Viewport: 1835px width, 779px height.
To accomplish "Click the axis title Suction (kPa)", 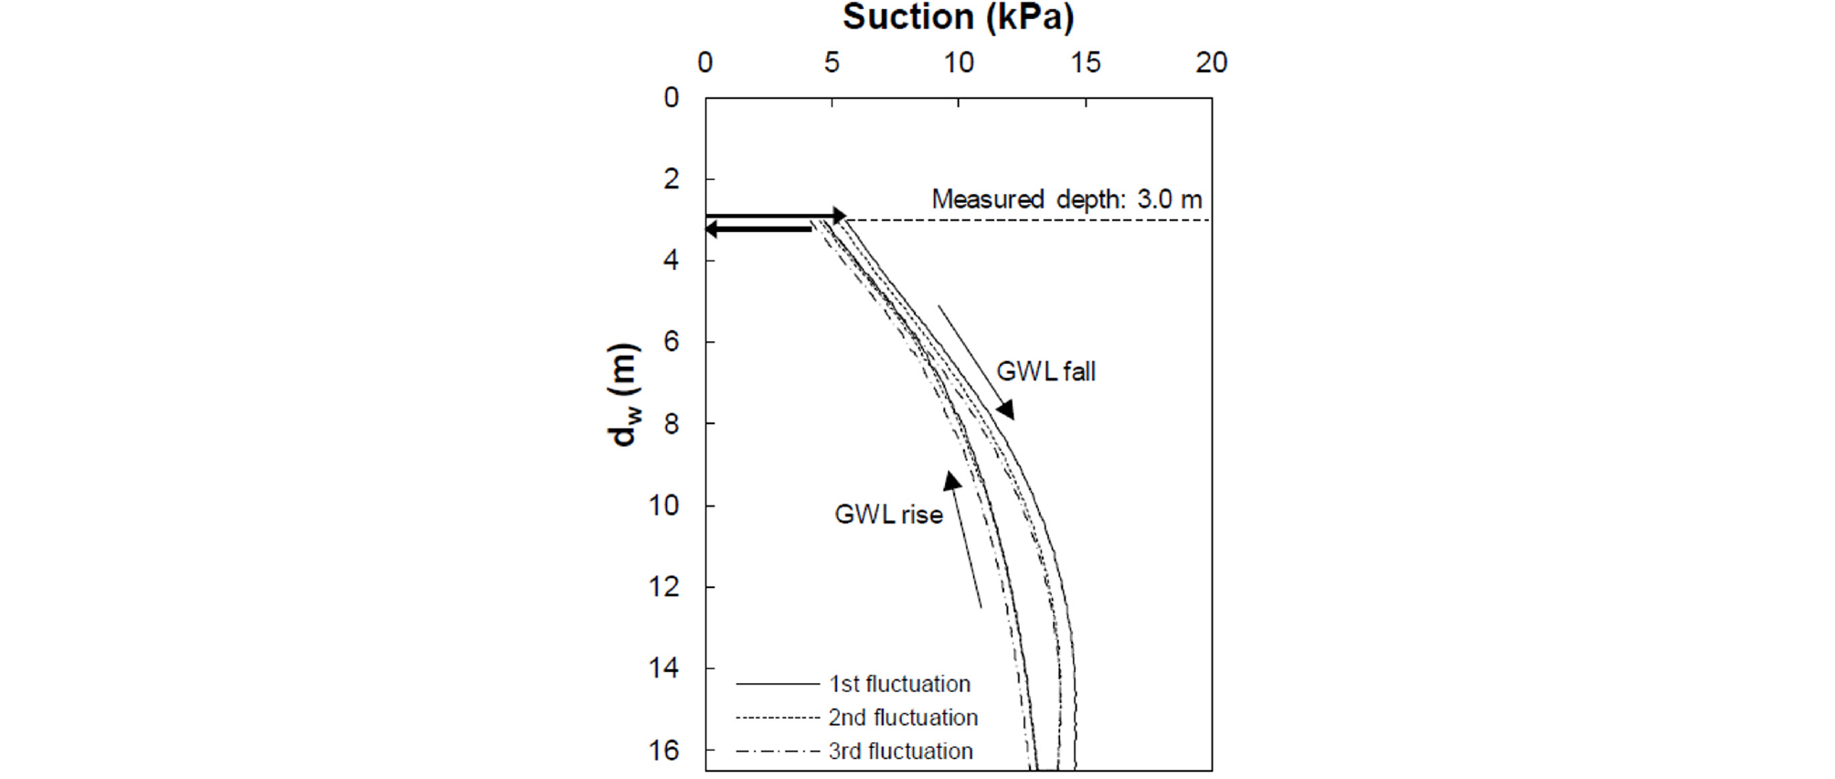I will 958,17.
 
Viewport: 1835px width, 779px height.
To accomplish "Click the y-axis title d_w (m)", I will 623,394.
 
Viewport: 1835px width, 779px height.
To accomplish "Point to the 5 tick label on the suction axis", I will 832,63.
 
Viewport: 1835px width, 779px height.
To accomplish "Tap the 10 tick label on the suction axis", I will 959,63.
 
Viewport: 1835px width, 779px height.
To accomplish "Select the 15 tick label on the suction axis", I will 1086,63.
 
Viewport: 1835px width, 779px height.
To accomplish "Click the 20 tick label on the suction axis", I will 1212,63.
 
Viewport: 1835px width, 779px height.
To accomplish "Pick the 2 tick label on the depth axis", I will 672,179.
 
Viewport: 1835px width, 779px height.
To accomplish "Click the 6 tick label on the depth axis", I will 672,342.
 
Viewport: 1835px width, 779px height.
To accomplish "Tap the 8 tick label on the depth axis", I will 672,423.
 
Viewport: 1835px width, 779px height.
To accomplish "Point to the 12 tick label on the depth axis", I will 664,586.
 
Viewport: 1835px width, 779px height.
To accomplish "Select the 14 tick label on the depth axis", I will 664,668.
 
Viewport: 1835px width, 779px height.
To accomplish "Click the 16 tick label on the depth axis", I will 664,751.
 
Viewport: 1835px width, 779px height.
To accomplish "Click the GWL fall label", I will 1045,372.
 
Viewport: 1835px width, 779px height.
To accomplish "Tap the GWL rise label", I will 888,515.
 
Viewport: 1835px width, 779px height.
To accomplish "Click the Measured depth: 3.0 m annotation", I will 1066,199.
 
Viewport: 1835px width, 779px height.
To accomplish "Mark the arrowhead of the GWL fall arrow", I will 1005,410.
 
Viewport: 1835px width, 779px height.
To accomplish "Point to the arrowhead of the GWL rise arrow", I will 952,480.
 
